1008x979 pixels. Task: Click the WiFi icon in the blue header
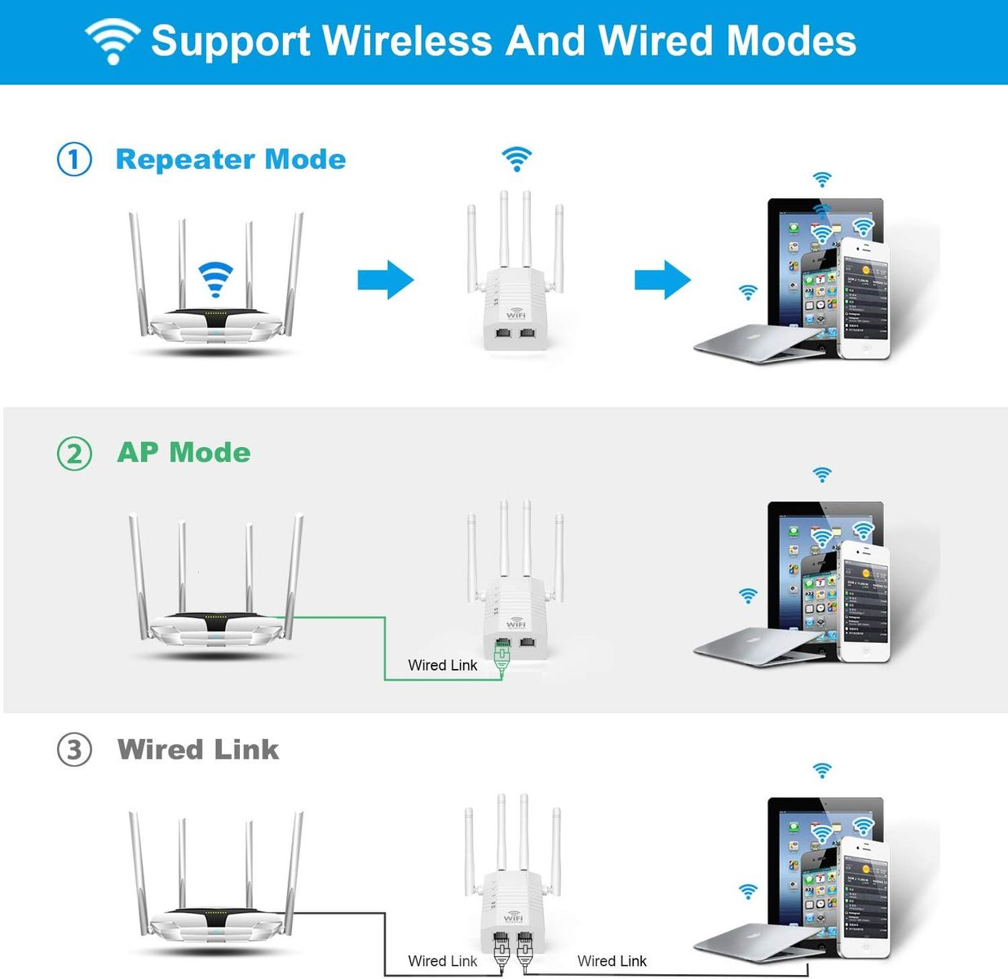point(113,41)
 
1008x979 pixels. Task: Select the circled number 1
point(74,159)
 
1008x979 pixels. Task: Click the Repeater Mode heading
point(231,159)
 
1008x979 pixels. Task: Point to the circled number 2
point(74,453)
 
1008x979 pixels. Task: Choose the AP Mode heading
point(183,453)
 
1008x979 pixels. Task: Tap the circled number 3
point(74,749)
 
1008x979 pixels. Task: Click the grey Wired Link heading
point(198,749)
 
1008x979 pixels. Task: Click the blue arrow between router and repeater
point(386,280)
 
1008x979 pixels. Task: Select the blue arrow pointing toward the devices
point(662,280)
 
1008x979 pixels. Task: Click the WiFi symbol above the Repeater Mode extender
point(516,158)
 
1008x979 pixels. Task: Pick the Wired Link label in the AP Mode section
point(442,665)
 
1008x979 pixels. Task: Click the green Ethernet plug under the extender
point(502,657)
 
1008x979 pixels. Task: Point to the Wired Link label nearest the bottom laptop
point(612,961)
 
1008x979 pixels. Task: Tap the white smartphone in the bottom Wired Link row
point(864,897)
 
